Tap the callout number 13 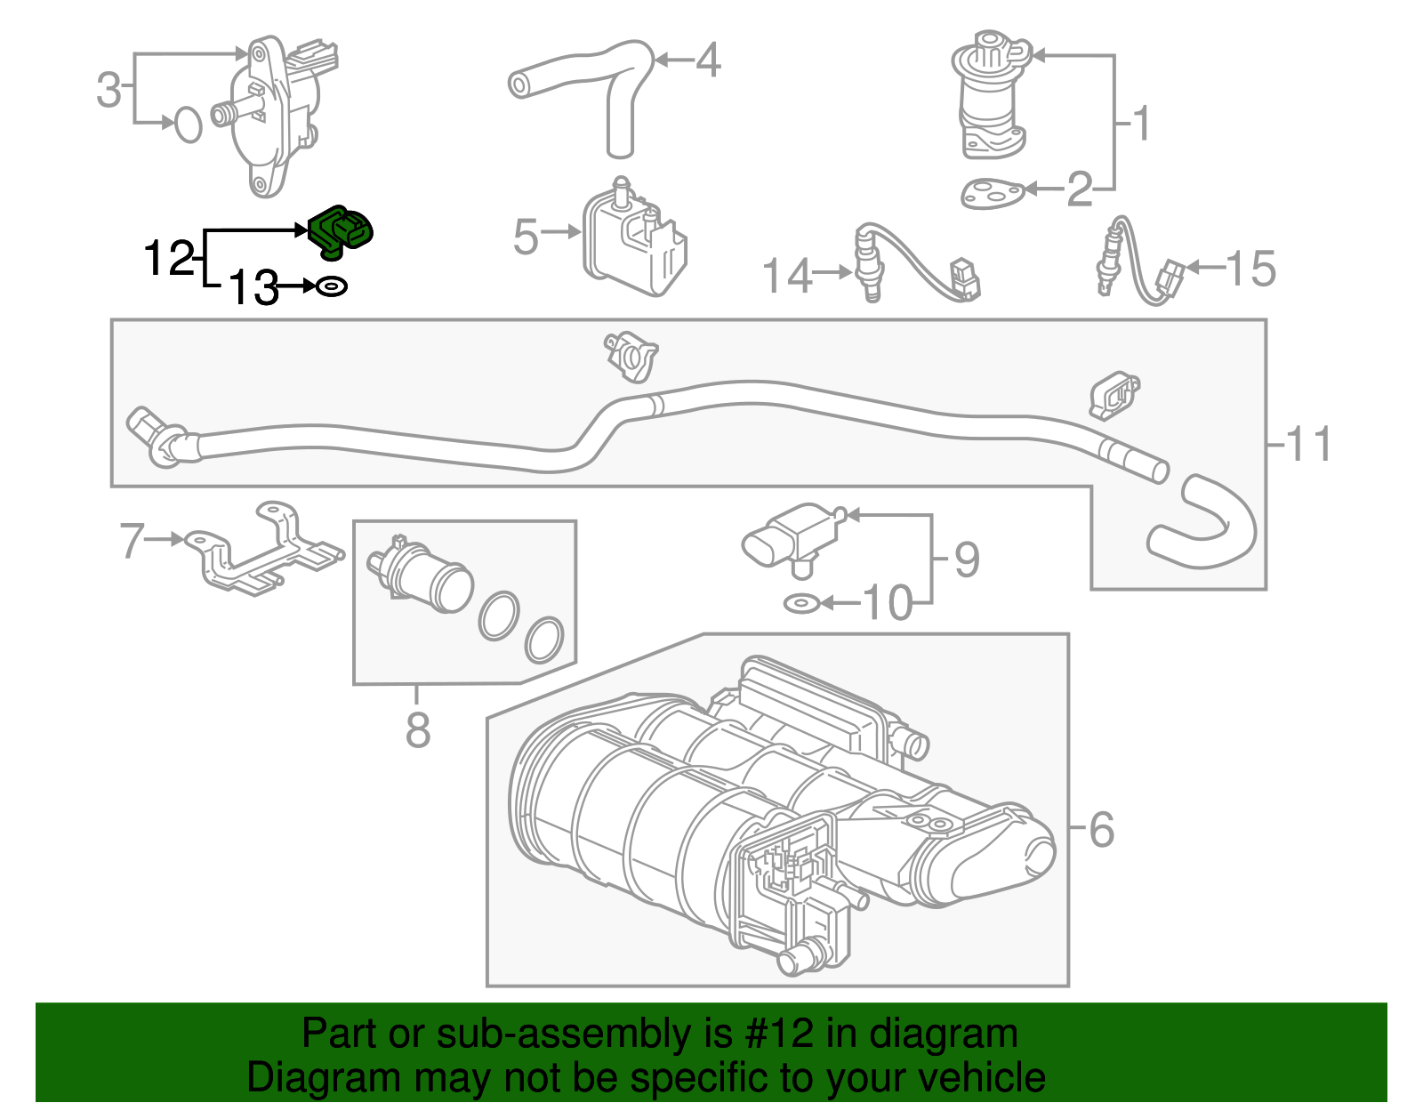point(253,287)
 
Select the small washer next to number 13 point(332,287)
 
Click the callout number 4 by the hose point(708,60)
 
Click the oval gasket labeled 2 point(991,193)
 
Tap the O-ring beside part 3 point(188,125)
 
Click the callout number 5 point(526,237)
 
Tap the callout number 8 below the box point(417,730)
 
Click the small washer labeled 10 point(800,604)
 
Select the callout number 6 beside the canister point(1101,829)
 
